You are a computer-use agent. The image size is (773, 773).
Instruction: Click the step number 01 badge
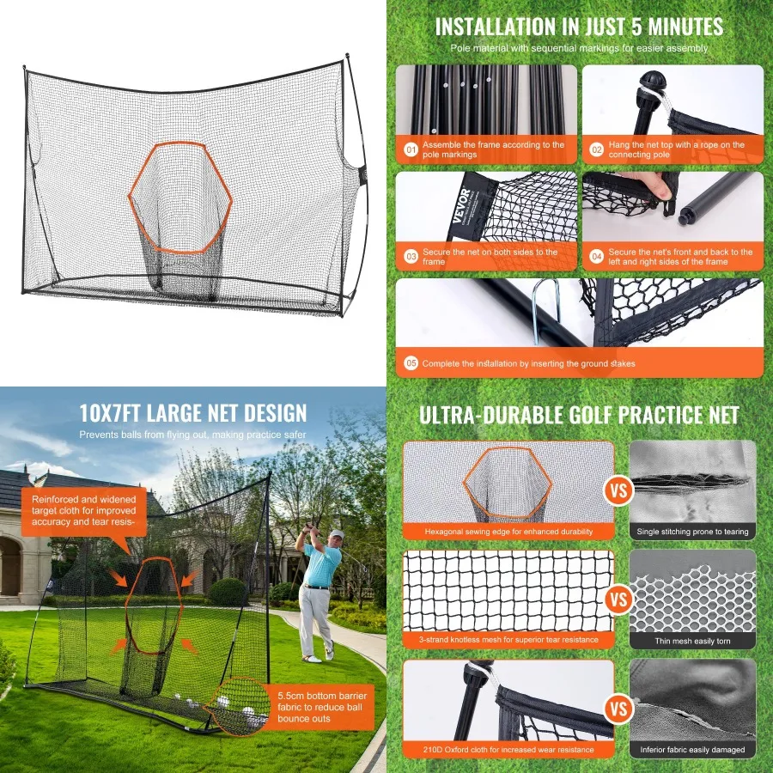pos(411,150)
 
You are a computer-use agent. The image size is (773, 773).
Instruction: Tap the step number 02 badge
pos(597,150)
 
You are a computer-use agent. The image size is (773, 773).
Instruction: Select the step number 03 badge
pos(411,257)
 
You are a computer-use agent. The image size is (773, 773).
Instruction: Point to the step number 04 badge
pos(597,257)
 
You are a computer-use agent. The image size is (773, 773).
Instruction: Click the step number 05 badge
pos(411,363)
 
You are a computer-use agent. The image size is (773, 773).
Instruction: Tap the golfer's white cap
pos(337,534)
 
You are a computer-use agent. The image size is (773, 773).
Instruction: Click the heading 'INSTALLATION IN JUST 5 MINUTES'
pos(579,27)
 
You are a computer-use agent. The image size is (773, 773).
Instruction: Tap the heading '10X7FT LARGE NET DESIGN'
pos(192,413)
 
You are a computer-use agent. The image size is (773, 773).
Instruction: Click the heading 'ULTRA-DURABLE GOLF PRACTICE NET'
pos(579,415)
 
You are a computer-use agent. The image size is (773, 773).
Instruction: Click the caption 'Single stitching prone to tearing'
pos(692,532)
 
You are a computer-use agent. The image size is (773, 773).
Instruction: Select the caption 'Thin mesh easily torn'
pos(692,641)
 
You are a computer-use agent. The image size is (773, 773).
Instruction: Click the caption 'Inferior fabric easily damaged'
pos(692,750)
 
